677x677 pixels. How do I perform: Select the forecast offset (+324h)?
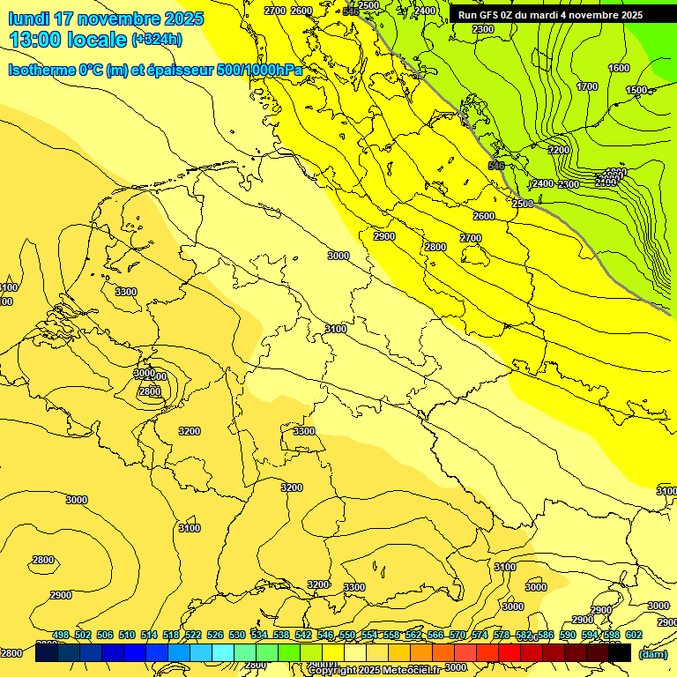click(x=157, y=40)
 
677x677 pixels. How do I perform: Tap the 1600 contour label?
click(x=619, y=68)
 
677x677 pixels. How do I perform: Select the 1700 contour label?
click(x=586, y=86)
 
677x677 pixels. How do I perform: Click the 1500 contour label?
click(x=636, y=90)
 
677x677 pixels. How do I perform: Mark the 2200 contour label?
click(x=559, y=150)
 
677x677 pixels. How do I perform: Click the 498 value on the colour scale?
click(x=61, y=635)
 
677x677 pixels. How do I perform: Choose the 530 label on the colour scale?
click(x=237, y=635)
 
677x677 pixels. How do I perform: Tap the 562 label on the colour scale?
click(x=413, y=635)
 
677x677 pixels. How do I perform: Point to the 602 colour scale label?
click(x=634, y=635)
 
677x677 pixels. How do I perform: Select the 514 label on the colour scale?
click(x=149, y=635)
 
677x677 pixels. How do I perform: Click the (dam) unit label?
click(x=652, y=653)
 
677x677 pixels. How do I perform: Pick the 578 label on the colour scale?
click(x=502, y=635)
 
